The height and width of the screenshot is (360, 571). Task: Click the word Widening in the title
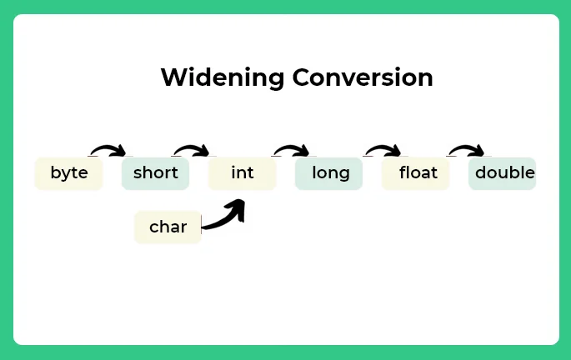pyautogui.click(x=223, y=77)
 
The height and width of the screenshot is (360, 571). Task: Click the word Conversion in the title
pyautogui.click(x=363, y=77)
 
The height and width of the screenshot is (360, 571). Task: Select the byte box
pyautogui.click(x=68, y=173)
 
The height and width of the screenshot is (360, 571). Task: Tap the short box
pyautogui.click(x=155, y=173)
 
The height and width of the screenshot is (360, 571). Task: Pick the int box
pyautogui.click(x=242, y=173)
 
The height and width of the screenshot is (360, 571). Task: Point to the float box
pyautogui.click(x=415, y=173)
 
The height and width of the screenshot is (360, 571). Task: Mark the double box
pyautogui.click(x=503, y=173)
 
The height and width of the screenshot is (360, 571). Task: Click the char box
pyautogui.click(x=168, y=227)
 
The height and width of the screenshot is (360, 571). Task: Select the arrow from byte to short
pyautogui.click(x=107, y=149)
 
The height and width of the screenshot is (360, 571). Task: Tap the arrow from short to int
pyautogui.click(x=190, y=149)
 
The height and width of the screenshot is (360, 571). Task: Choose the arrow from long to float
pyautogui.click(x=382, y=149)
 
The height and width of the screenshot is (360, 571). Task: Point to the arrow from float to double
pyautogui.click(x=465, y=149)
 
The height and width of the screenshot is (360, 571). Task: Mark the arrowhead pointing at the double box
pyautogui.click(x=478, y=152)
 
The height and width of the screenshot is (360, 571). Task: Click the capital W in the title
pyautogui.click(x=172, y=77)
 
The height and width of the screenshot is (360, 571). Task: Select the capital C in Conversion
pyautogui.click(x=301, y=77)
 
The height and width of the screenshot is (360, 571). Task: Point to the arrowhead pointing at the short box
pyautogui.click(x=120, y=152)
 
